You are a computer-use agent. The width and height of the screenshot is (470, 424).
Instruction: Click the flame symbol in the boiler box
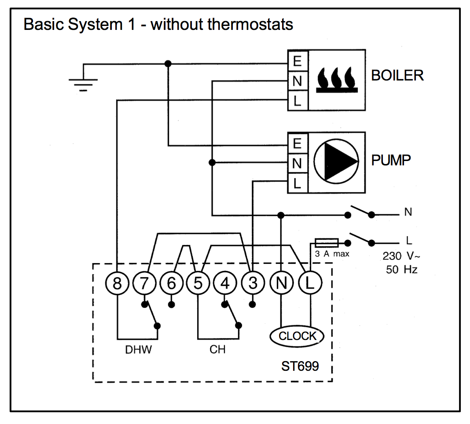click(337, 80)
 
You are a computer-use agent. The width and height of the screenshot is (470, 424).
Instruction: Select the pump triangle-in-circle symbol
click(336, 162)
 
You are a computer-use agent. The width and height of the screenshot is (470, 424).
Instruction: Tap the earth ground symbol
click(83, 83)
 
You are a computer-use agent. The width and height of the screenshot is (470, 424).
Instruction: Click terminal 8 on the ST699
click(117, 284)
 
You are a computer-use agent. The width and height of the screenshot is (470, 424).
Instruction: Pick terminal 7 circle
click(144, 284)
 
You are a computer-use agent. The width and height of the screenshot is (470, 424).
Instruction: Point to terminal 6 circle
click(171, 284)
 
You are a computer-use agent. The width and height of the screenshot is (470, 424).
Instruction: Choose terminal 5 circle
click(198, 284)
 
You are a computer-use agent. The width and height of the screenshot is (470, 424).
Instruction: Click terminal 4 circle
click(225, 284)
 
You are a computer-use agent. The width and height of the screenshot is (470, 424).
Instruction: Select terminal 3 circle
click(253, 284)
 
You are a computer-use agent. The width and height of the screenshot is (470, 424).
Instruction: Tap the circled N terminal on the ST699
click(281, 284)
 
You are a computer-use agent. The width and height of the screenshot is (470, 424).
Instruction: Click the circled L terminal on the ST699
click(310, 284)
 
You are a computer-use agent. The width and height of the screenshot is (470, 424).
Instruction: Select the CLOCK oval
click(297, 336)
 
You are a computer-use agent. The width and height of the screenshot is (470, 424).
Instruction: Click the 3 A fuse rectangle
click(327, 242)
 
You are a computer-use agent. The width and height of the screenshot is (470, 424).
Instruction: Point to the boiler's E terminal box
click(297, 61)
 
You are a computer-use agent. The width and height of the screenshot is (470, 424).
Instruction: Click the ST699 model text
click(300, 366)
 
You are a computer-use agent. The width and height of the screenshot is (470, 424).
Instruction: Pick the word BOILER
click(397, 76)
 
